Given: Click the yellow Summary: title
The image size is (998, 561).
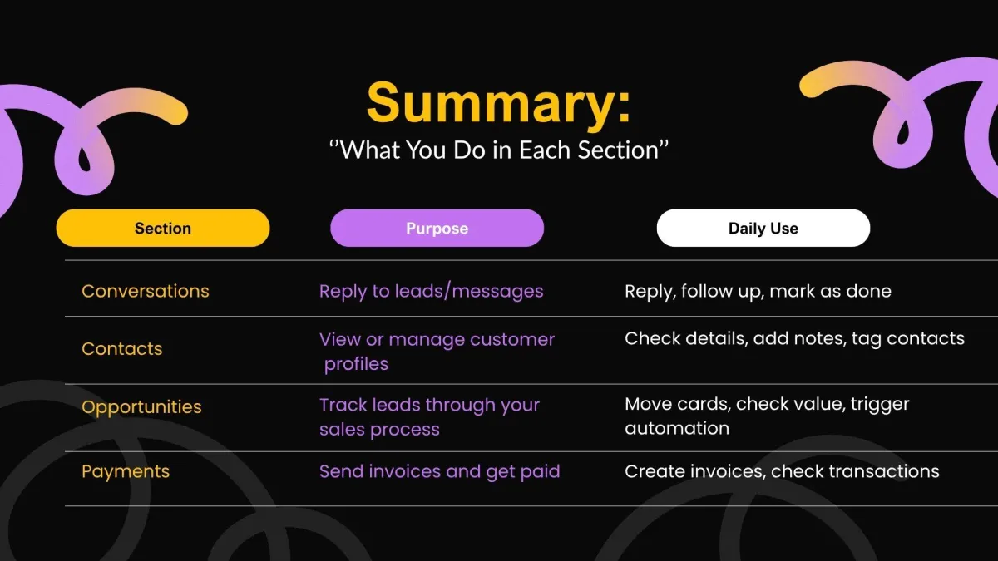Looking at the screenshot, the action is point(498,102).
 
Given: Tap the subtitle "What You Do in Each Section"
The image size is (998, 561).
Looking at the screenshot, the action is point(498,150).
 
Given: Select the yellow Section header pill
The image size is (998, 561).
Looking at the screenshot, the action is point(163,228).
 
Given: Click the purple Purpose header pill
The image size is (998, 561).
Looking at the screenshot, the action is point(437,228).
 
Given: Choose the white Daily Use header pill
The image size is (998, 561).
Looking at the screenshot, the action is point(763,228).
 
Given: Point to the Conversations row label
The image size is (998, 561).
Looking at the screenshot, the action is point(146,291).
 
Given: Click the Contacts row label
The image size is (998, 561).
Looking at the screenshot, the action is point(122,348).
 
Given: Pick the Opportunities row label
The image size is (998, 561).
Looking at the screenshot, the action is point(141,407).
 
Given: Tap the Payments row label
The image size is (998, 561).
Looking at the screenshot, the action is point(126,472).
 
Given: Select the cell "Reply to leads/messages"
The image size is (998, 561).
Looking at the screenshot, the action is point(432,291).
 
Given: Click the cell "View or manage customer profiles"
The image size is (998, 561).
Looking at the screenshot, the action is point(437,352).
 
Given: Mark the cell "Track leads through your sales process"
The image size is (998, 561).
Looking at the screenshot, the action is point(429,417).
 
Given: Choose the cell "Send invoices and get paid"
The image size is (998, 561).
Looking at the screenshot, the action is point(440,472).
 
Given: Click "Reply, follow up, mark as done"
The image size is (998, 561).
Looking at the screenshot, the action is point(758,291).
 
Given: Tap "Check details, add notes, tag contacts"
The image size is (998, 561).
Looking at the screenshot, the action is point(794,339).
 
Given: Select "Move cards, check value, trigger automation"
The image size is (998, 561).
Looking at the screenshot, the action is point(767,416).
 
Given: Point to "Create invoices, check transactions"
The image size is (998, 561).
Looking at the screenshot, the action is point(782,471).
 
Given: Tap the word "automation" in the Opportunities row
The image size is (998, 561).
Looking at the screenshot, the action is point(677,428).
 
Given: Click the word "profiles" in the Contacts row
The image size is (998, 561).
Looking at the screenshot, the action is point(357,364).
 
